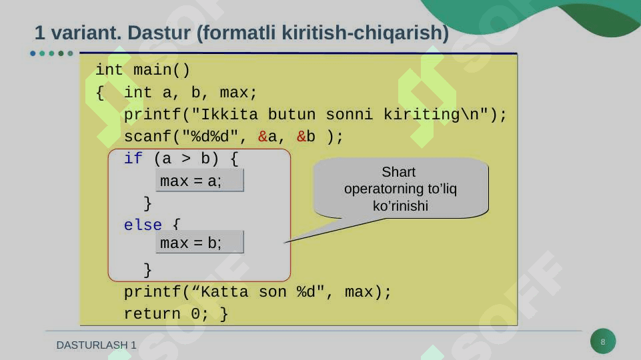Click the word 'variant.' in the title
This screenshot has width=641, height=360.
86,33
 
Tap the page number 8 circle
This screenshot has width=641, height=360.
603,341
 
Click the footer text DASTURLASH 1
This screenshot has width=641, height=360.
97,345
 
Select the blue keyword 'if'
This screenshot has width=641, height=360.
133,158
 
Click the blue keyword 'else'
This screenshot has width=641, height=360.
143,225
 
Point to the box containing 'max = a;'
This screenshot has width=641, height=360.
200,181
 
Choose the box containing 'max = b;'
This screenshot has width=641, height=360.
200,242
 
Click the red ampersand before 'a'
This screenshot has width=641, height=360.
262,137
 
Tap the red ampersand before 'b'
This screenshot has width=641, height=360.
301,137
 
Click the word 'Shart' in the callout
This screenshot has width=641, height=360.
399,172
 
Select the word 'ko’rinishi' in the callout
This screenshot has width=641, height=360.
401,206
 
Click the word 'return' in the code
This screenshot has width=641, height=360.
152,314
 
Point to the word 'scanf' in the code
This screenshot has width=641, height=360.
147,137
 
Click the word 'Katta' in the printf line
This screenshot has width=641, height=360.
224,292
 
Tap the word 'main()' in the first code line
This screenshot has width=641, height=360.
162,70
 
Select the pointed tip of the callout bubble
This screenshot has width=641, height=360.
285,243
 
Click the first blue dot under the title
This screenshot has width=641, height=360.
33,53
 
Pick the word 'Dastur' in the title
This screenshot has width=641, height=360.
159,33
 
